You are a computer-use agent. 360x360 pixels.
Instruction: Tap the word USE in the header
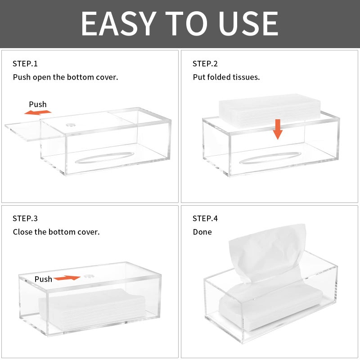pyautogui.click(x=248, y=24)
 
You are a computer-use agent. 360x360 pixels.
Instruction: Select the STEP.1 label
pyautogui.click(x=25, y=63)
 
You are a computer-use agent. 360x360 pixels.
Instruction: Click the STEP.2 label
pyautogui.click(x=205, y=63)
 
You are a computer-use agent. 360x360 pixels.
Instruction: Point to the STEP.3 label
pyautogui.click(x=25, y=218)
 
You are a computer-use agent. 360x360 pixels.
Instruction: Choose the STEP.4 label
pyautogui.click(x=205, y=218)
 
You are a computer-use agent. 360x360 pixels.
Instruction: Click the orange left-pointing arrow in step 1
pyautogui.click(x=38, y=112)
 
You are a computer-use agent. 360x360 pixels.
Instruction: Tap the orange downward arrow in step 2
pyautogui.click(x=278, y=129)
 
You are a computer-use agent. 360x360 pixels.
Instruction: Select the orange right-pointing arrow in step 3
pyautogui.click(x=67, y=278)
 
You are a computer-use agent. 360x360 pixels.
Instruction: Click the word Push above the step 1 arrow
pyautogui.click(x=38, y=104)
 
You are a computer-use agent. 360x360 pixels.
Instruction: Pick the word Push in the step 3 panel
pyautogui.click(x=43, y=279)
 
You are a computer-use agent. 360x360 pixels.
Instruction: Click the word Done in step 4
pyautogui.click(x=202, y=232)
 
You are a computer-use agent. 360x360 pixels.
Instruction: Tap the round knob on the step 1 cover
pyautogui.click(x=71, y=125)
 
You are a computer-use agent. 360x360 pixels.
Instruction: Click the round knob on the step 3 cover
pyautogui.click(x=88, y=276)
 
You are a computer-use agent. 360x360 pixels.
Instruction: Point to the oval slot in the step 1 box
pyautogui.click(x=104, y=157)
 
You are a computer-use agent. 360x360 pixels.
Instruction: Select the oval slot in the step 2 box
pyautogui.click(x=270, y=158)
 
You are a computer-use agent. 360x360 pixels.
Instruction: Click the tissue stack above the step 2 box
pyautogui.click(x=270, y=110)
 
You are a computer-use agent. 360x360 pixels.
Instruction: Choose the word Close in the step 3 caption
pyautogui.click(x=23, y=232)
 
